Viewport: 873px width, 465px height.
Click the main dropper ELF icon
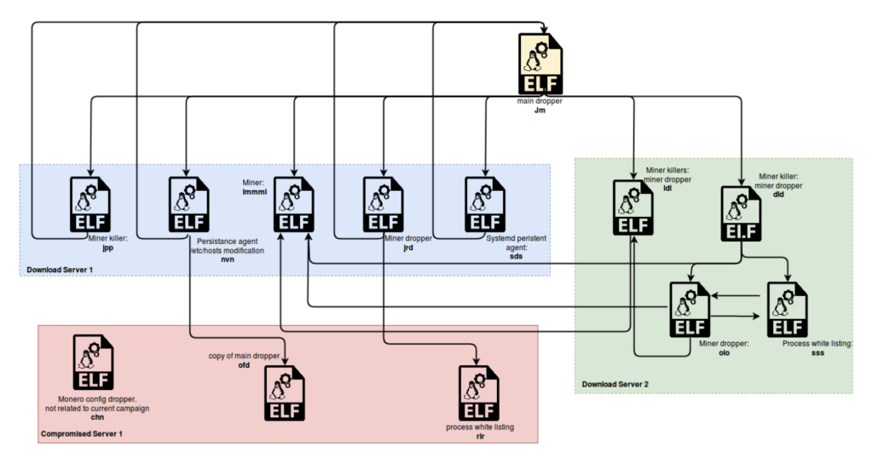click(x=540, y=64)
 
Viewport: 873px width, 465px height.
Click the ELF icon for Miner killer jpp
click(x=90, y=204)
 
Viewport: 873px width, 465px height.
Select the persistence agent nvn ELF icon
click(x=188, y=204)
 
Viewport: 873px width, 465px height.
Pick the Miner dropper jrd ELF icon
click(x=383, y=204)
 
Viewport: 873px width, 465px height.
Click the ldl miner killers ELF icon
click(x=633, y=207)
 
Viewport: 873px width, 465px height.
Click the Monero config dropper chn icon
click(x=93, y=362)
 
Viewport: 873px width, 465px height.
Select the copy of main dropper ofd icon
click(x=284, y=393)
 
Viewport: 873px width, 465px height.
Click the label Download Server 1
click(x=63, y=270)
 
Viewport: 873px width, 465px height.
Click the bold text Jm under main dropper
click(x=539, y=110)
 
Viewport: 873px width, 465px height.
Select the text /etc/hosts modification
click(x=228, y=250)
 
